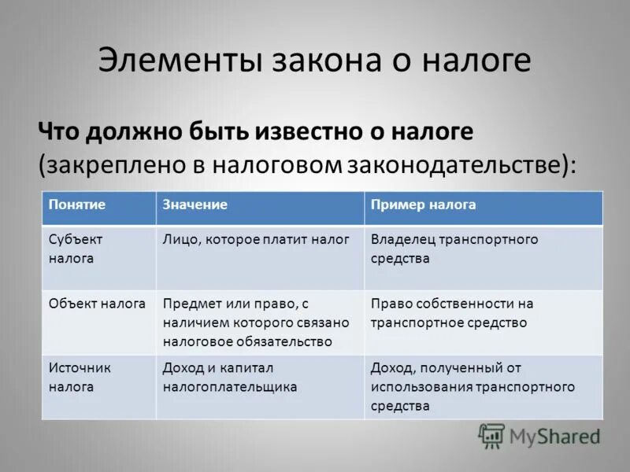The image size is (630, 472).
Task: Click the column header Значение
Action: (x=195, y=205)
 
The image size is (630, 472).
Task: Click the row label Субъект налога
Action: (x=76, y=249)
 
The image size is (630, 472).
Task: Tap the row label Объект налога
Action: (x=97, y=303)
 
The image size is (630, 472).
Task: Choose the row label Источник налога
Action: (x=80, y=377)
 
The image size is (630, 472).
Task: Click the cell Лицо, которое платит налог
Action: (x=255, y=239)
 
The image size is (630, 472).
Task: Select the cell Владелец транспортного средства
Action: (x=454, y=249)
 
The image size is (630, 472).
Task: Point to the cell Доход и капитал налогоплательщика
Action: (x=230, y=377)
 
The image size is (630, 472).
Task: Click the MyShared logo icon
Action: (x=491, y=435)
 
